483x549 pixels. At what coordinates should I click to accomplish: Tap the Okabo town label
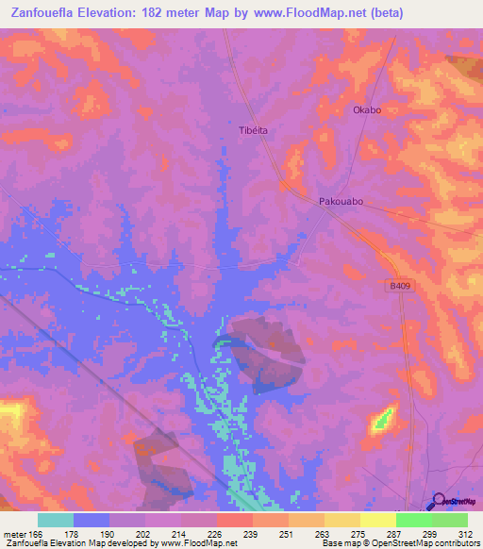pos(366,109)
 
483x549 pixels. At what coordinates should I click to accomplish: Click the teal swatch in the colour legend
pos(56,520)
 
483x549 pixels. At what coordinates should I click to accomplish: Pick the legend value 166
pos(36,534)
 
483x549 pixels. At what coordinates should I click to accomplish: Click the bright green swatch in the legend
pos(414,520)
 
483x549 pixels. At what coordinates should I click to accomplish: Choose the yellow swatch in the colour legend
pos(342,520)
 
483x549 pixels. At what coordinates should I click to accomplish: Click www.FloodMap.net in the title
pos(306,13)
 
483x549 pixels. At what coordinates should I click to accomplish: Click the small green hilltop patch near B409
pos(382,419)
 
